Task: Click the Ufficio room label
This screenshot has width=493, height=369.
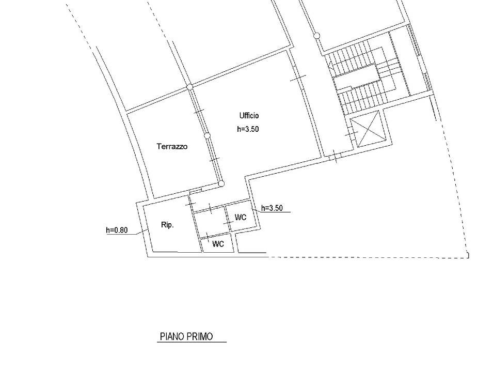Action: [x=249, y=116]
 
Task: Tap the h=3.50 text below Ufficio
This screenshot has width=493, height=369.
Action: [x=248, y=129]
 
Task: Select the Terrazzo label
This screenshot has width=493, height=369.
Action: [x=172, y=146]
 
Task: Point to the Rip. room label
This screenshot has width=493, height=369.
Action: [x=167, y=225]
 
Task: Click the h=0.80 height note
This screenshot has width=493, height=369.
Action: [x=117, y=230]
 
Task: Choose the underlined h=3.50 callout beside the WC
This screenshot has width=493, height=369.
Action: [x=272, y=208]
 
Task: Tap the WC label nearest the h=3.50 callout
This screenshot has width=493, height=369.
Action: [x=241, y=217]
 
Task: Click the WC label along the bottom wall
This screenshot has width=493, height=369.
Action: [x=218, y=244]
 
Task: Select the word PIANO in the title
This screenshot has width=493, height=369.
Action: [x=172, y=336]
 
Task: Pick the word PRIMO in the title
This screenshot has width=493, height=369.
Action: [x=200, y=336]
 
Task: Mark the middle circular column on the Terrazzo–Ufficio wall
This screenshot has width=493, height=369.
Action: [x=207, y=136]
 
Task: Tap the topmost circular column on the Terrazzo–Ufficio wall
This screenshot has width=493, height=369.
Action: [x=190, y=87]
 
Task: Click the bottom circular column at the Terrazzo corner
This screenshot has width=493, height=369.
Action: [x=221, y=183]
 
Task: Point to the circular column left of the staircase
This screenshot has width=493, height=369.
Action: [x=316, y=36]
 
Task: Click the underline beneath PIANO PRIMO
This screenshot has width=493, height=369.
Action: [x=192, y=342]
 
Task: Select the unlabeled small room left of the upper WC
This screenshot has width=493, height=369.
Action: [x=211, y=221]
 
